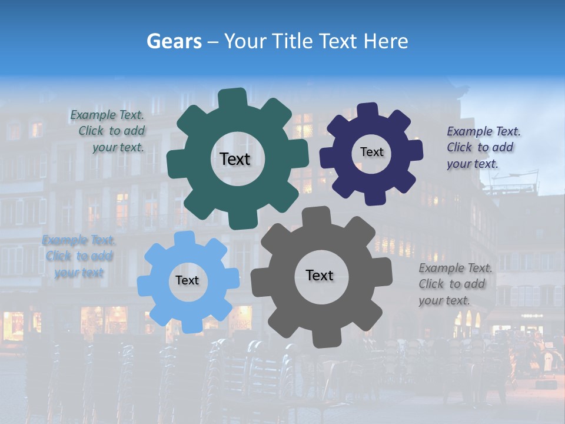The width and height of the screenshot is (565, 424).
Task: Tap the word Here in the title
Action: click(385, 41)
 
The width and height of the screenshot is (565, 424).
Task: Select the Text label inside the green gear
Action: click(235, 159)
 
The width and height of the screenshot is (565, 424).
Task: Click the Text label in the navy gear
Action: click(371, 152)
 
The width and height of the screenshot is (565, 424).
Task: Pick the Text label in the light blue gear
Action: click(187, 281)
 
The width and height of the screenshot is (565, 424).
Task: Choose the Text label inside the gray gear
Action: click(320, 275)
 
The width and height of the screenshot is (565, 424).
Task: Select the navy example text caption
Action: click(483, 147)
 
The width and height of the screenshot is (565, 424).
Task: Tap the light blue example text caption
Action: click(78, 256)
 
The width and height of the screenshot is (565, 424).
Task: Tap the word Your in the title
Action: click(242, 41)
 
